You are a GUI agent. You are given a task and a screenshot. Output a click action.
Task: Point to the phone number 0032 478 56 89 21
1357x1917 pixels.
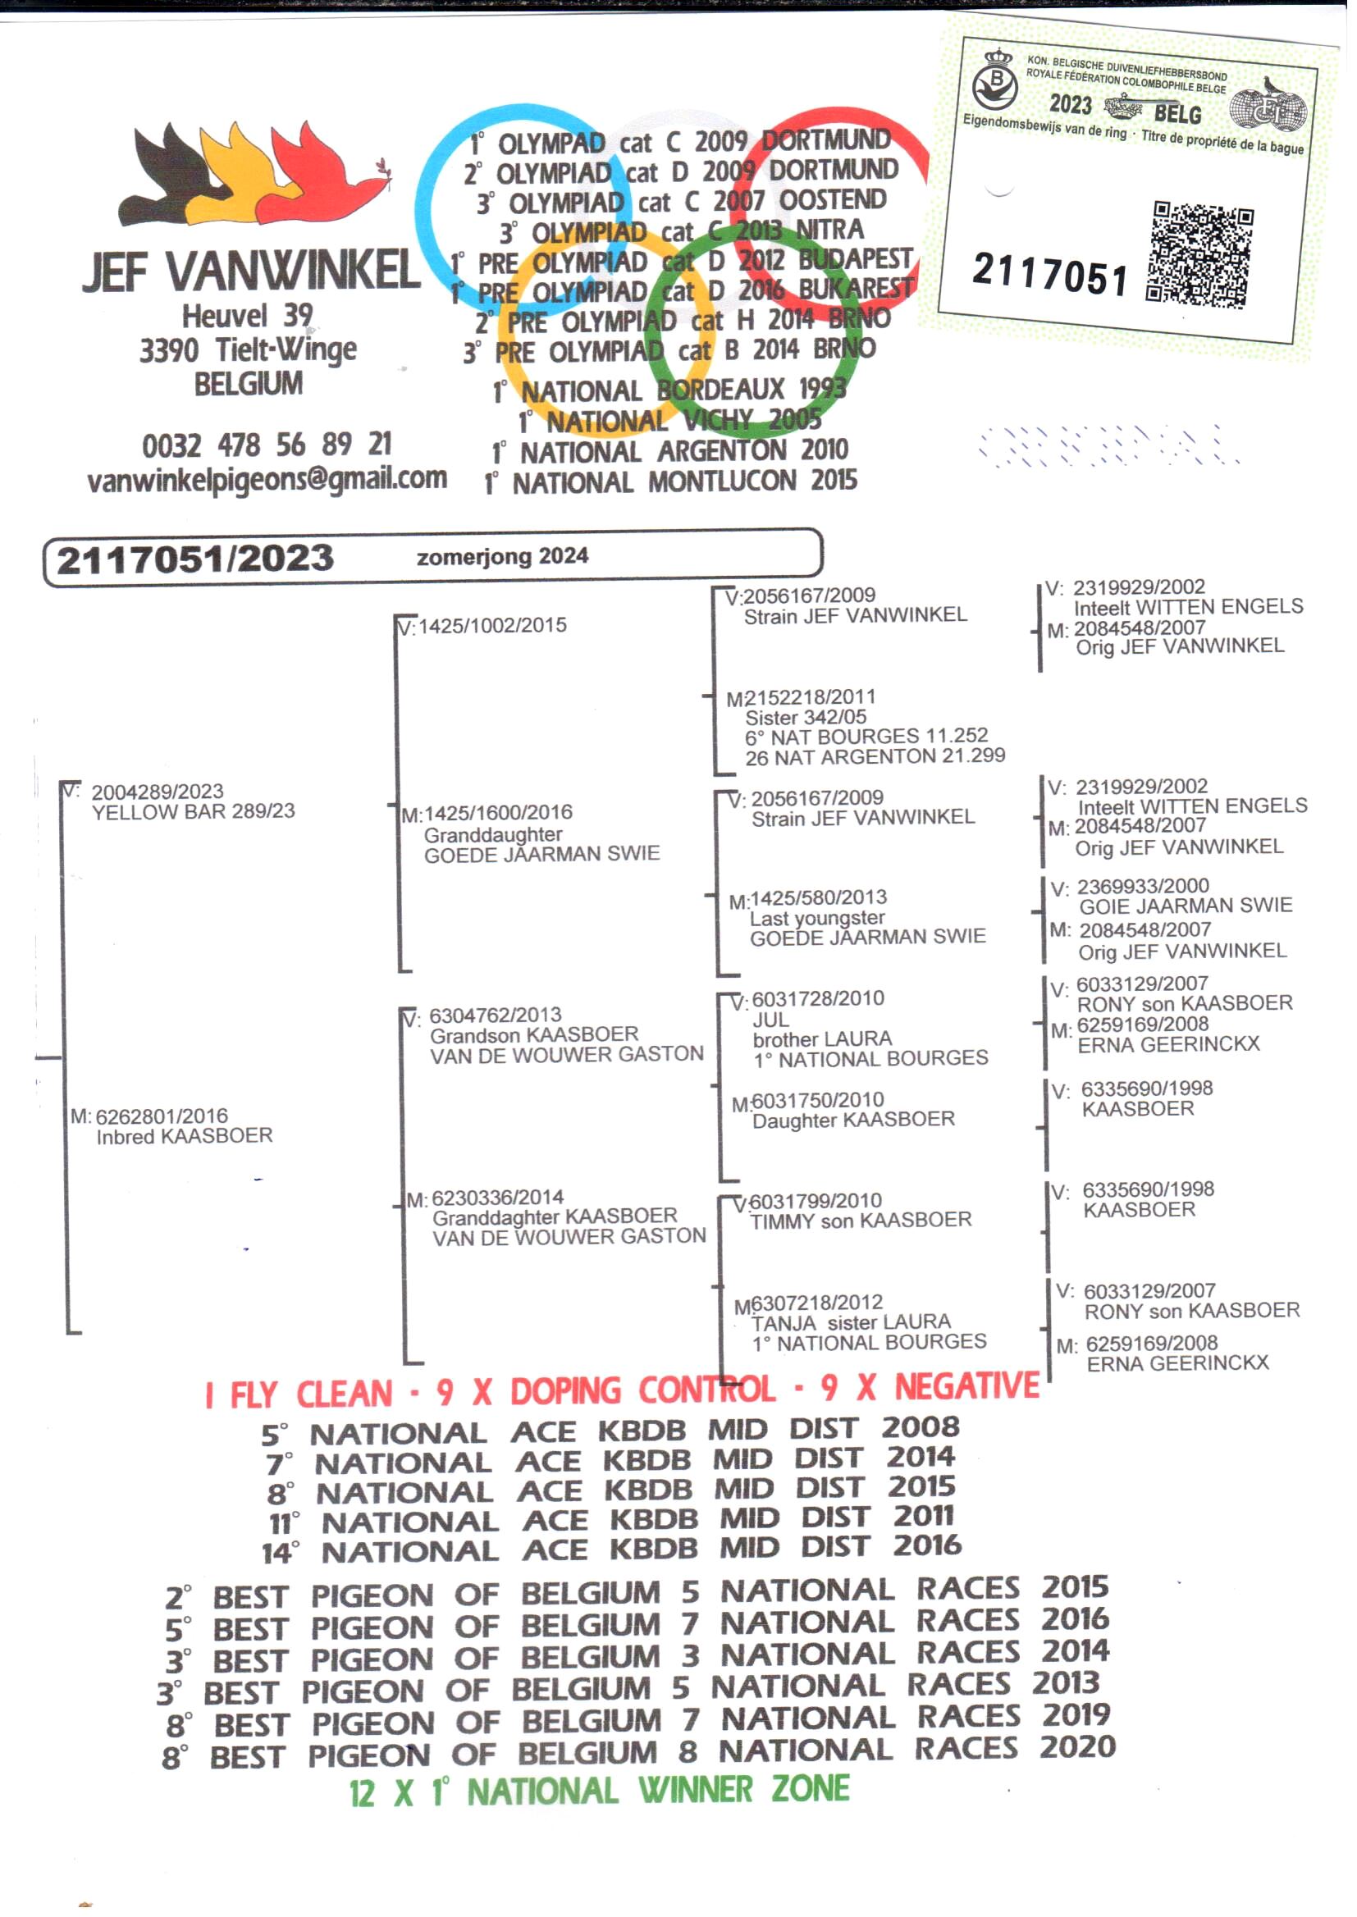[267, 445]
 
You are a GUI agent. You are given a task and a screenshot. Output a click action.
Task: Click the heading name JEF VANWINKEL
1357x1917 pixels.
[251, 271]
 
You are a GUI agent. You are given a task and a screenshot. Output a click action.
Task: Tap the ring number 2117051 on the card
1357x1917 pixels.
[1049, 274]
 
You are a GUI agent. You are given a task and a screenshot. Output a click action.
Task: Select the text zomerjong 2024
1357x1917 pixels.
[502, 556]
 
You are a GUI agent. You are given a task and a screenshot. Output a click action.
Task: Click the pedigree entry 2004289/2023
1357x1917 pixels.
[157, 791]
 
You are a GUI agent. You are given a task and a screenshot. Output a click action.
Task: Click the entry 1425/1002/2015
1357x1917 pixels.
[492, 625]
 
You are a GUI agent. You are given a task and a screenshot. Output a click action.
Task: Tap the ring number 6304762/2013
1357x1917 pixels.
[495, 1015]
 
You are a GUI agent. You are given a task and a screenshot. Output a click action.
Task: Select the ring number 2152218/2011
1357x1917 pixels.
[802, 697]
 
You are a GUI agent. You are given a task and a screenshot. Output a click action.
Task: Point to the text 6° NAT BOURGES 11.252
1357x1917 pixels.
[866, 737]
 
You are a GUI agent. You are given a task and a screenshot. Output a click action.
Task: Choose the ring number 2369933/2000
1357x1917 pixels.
[1142, 886]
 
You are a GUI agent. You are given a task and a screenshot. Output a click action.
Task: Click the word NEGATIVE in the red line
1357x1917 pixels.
[966, 1386]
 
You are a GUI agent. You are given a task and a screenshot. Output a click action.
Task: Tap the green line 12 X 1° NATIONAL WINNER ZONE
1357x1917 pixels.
[599, 1791]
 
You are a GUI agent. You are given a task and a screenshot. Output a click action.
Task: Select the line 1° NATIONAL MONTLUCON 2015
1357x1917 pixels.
[670, 482]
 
